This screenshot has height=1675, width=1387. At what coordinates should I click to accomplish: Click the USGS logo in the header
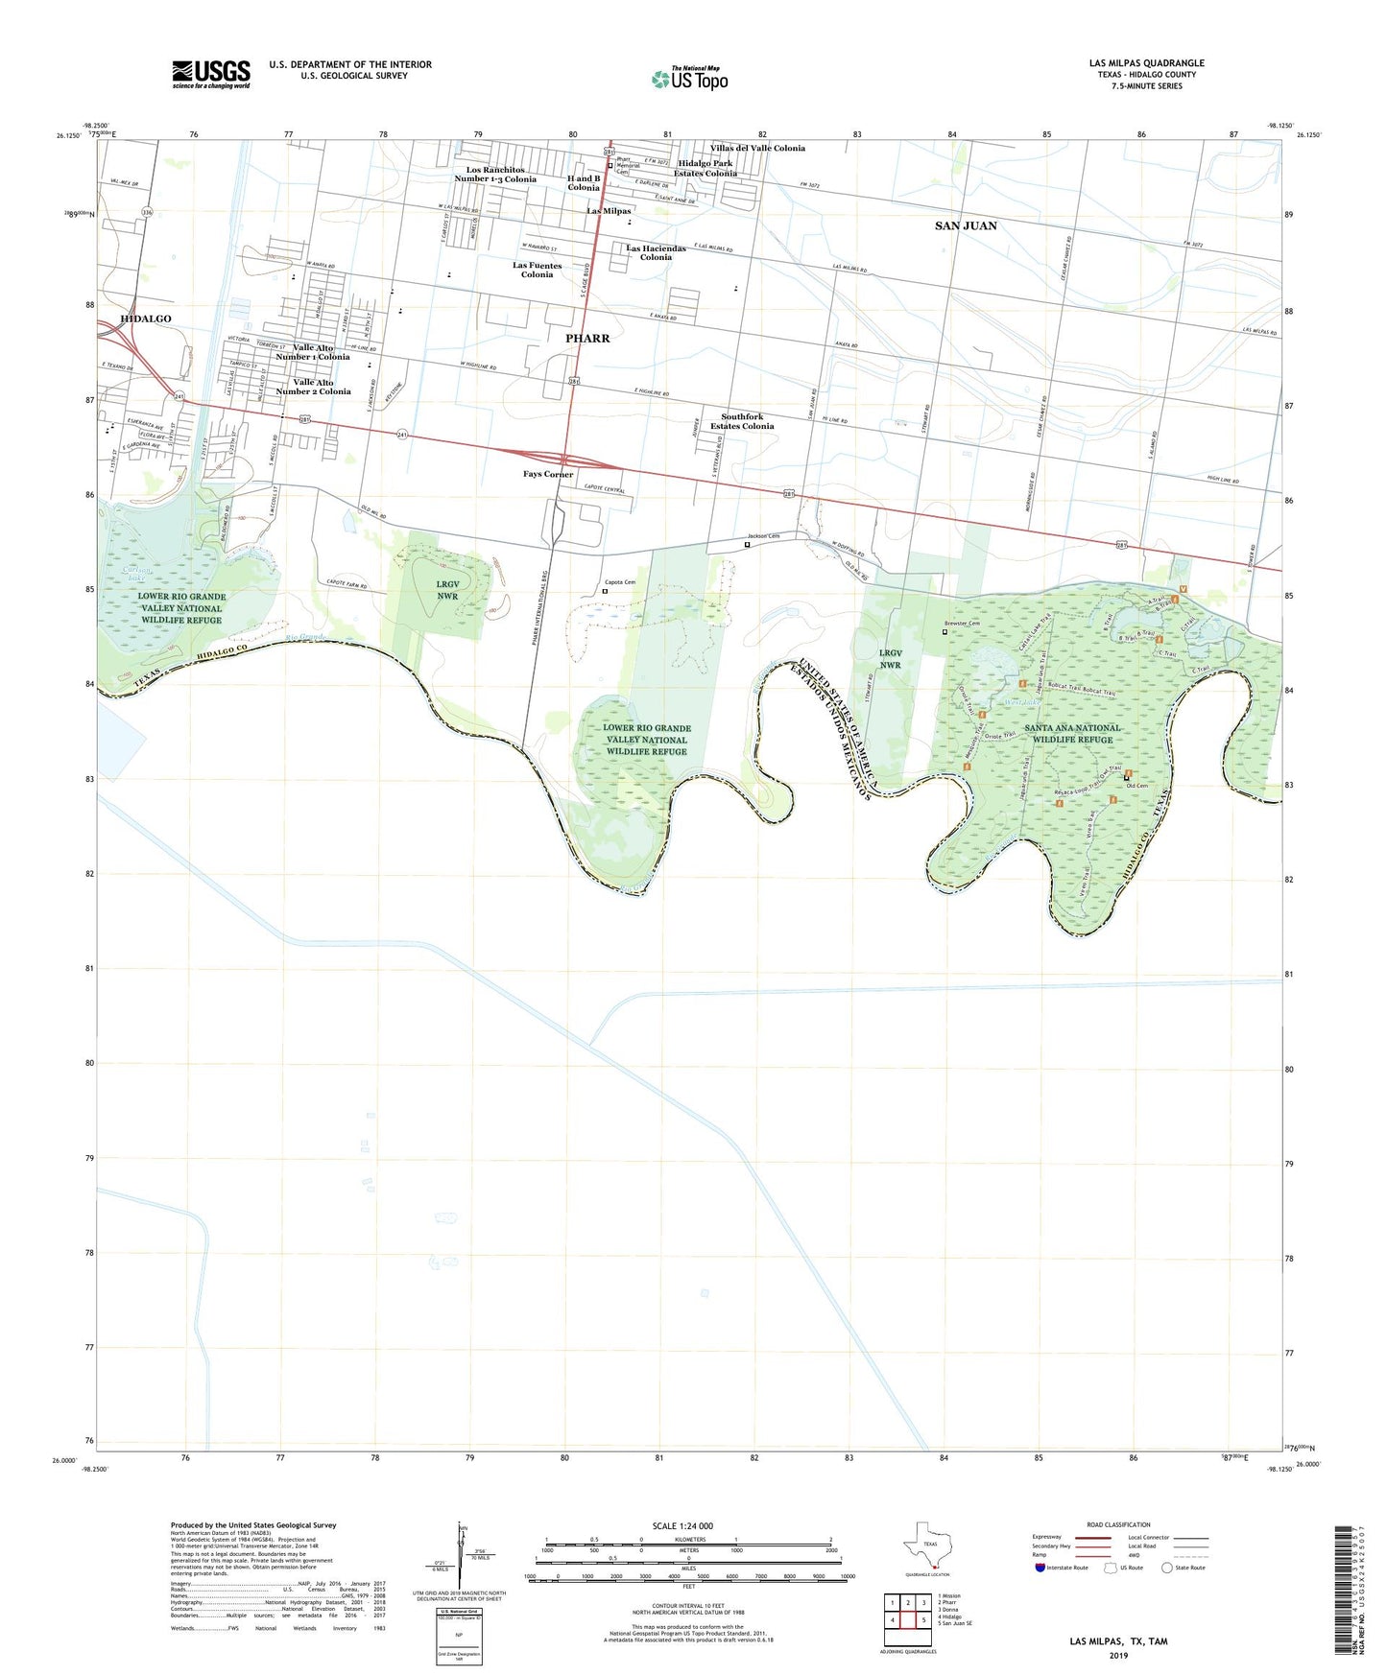point(211,74)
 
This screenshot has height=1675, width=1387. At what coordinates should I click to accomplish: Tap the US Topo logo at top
point(689,78)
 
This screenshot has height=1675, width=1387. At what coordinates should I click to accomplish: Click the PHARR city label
point(587,339)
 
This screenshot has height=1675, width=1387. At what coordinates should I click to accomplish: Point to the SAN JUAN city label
point(966,225)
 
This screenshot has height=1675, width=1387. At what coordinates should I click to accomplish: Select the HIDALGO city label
point(146,318)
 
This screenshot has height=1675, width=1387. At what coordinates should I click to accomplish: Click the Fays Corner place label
point(548,474)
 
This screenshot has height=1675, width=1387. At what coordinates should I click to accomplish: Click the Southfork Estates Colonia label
point(742,421)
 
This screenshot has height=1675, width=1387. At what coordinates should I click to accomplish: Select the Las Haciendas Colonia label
point(656,252)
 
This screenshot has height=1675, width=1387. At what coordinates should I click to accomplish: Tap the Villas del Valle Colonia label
point(757,149)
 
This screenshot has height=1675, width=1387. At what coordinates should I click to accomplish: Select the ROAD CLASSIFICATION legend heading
point(1118,1524)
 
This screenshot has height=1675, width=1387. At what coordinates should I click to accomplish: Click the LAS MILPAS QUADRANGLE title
point(1146,63)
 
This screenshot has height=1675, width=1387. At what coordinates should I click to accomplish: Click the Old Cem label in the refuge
point(1137,786)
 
